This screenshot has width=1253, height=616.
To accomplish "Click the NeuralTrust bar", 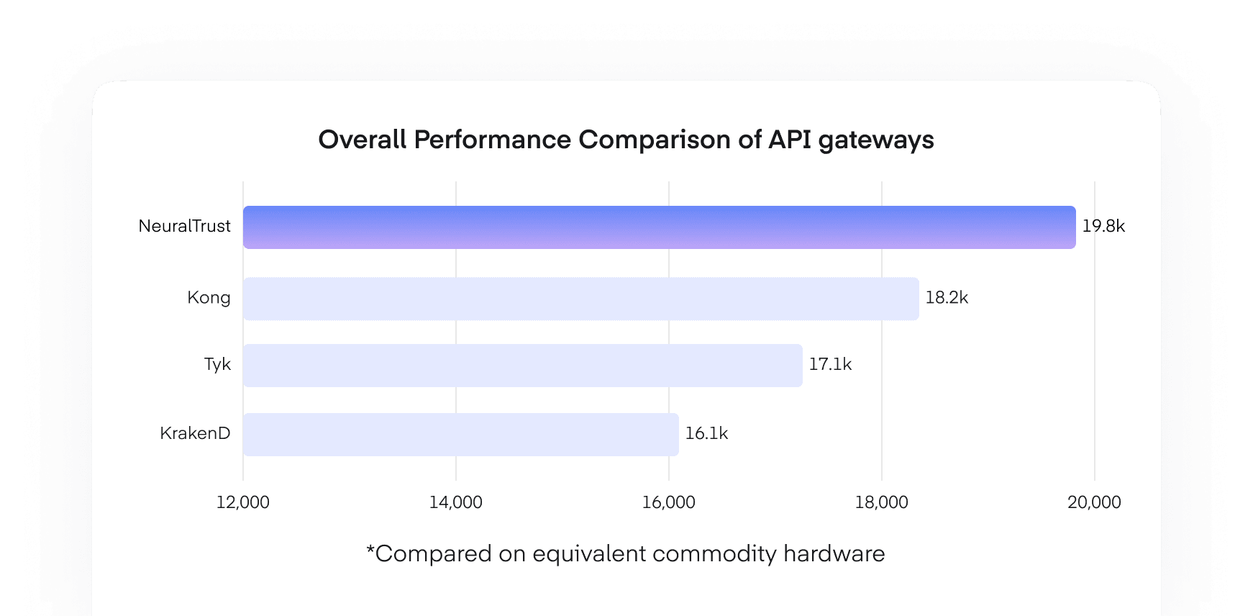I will [x=659, y=227].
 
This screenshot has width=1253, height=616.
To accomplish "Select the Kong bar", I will [x=580, y=299].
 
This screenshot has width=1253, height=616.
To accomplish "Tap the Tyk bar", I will [x=522, y=366].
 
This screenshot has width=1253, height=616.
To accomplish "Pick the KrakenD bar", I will [x=460, y=435].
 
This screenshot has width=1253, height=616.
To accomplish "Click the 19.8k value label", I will [x=1103, y=227].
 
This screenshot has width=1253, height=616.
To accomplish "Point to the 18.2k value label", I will [x=947, y=298].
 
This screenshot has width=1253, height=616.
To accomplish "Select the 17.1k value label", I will [x=830, y=365].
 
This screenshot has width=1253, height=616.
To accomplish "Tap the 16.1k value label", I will [x=706, y=434].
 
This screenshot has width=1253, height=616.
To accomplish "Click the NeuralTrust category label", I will [x=185, y=227].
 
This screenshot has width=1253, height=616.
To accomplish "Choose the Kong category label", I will [x=209, y=298].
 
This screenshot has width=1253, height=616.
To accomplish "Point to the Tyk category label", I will [x=217, y=365].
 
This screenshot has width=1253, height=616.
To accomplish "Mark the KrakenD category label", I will [x=195, y=434].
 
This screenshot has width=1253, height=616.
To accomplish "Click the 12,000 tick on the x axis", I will [x=243, y=502].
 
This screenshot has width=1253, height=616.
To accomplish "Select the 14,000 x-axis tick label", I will [x=456, y=502].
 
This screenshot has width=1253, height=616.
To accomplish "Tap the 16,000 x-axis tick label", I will [x=669, y=502].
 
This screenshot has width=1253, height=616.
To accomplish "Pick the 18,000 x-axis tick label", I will [x=882, y=502].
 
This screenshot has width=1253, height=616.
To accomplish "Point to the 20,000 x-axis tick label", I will [x=1094, y=502].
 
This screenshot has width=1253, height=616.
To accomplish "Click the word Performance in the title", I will [x=492, y=140].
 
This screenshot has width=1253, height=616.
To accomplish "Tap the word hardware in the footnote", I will [x=834, y=553].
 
